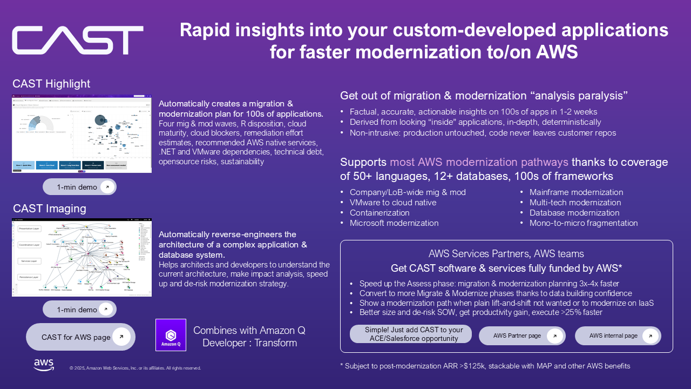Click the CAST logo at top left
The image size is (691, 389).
click(78, 41)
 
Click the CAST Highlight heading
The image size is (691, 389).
click(52, 84)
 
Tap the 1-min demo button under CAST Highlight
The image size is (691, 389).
click(79, 187)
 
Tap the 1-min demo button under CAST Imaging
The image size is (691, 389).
click(79, 310)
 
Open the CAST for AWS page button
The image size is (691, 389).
click(80, 337)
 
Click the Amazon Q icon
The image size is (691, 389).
click(171, 335)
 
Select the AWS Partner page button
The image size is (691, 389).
click(522, 336)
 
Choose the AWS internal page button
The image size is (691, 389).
click(618, 336)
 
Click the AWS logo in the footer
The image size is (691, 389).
click(44, 365)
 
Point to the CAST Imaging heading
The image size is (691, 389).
click(49, 209)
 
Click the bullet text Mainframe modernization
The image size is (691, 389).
click(576, 192)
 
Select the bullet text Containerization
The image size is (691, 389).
click(380, 213)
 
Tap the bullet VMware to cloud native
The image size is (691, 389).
click(393, 203)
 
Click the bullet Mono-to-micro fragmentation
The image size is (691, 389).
click(584, 223)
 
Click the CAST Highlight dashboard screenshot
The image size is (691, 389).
click(82, 134)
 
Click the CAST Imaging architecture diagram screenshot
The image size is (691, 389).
click(82, 257)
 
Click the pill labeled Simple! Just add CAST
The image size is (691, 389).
click(411, 334)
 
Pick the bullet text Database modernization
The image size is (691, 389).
click(574, 213)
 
